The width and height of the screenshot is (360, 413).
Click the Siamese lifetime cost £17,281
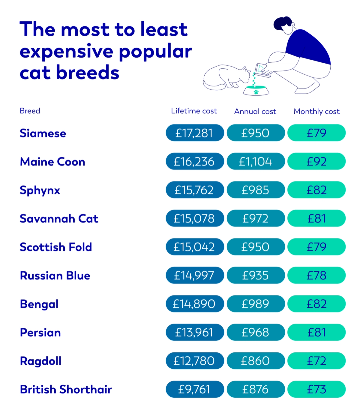195,133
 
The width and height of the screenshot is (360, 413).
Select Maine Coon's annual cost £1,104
256,162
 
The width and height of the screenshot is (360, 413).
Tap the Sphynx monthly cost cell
316,190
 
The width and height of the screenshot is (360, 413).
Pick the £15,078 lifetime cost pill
195,218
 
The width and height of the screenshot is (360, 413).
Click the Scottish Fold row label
56,247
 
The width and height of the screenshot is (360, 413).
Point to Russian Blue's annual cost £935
256,275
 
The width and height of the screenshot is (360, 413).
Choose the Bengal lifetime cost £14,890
195,304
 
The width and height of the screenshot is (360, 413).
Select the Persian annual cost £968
256,332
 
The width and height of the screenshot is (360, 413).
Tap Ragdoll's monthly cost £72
316,361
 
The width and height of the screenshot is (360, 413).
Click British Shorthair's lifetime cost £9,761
195,389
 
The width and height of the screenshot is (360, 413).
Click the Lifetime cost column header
194,111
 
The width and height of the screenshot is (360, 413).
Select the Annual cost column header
255,112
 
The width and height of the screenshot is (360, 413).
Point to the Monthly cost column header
316,112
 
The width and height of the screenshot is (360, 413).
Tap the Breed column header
30,111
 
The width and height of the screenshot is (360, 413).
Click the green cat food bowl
256,91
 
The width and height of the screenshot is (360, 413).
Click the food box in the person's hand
262,70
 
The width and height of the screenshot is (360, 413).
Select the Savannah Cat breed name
59,218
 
